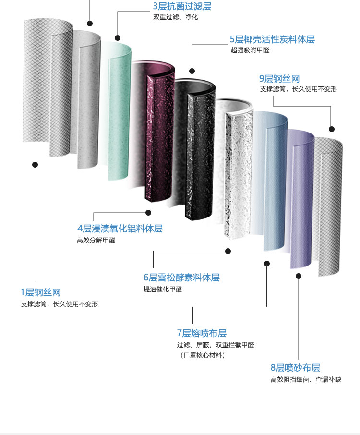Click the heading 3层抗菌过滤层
182,6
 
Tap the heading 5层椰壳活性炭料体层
272,39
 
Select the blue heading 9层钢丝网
279,79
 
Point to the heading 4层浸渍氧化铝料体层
120,229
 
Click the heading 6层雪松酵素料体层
181,278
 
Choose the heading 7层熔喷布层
202,333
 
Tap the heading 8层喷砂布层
295,368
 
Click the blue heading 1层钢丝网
40,292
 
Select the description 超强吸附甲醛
249,49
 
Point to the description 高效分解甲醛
96,240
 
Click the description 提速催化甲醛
163,289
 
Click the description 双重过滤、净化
175,17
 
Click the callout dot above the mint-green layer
118,37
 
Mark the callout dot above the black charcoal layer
192,71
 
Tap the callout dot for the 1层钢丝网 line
35,164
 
